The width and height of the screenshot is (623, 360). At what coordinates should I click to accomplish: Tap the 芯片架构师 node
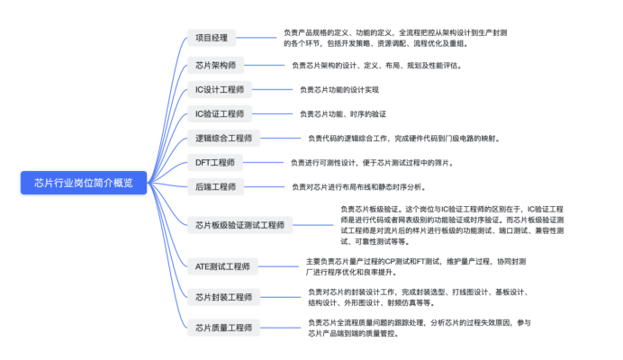[215, 66]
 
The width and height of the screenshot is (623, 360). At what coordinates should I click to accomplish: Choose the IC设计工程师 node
[220, 90]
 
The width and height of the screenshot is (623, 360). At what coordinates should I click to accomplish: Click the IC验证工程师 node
[220, 114]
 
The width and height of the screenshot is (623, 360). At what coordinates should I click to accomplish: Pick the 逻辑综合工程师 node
[223, 139]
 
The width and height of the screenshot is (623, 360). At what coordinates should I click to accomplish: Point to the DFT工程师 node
[214, 163]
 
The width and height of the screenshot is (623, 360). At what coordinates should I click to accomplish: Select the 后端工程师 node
[215, 187]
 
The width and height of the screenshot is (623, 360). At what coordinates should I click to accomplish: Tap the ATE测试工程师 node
[222, 266]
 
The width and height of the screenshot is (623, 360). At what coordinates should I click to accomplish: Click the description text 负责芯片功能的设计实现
[339, 90]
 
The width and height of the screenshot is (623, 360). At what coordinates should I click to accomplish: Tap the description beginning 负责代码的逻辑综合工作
[403, 139]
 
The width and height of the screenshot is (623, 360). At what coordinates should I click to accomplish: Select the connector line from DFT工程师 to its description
[262, 163]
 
